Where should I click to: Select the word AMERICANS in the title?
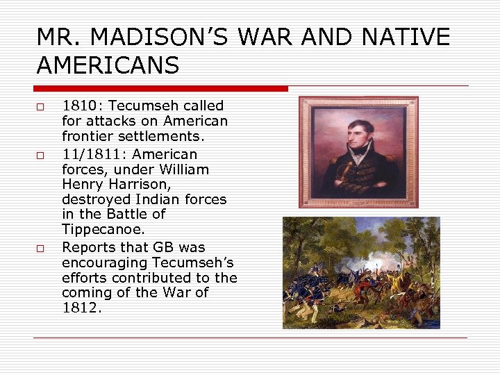pos(108,66)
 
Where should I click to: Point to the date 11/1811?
pos(91,154)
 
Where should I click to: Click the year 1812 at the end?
pos(80,308)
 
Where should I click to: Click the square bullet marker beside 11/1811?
pos(41,156)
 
